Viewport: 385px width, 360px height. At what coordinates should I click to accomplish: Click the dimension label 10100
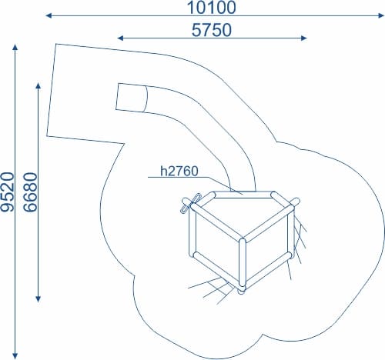click(x=211, y=8)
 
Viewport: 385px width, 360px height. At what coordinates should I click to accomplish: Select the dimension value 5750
click(x=212, y=30)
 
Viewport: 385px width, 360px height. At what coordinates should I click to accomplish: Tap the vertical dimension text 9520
click(x=7, y=192)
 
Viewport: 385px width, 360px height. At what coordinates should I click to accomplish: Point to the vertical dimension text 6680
click(x=30, y=192)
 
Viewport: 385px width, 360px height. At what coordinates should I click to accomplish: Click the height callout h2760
click(x=179, y=171)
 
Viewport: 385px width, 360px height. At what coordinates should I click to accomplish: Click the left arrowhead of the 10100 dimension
click(x=49, y=15)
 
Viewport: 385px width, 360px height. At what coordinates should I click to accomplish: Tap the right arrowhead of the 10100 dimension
click(x=381, y=15)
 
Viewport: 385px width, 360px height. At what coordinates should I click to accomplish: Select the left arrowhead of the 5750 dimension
click(x=120, y=38)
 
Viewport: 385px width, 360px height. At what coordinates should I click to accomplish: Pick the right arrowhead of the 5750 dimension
click(x=303, y=38)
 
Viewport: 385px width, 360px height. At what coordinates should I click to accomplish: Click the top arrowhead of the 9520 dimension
click(x=15, y=48)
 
